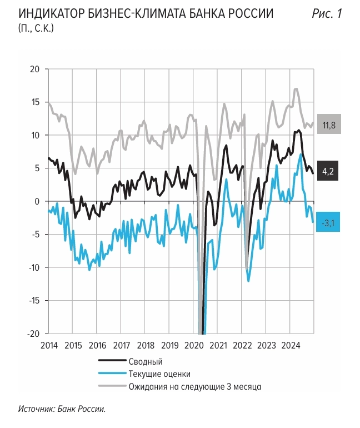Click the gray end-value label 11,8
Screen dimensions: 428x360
[x=329, y=125]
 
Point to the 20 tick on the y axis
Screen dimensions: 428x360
[x=36, y=69]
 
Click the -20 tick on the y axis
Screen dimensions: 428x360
[x=33, y=334]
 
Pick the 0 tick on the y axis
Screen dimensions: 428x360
[x=37, y=201]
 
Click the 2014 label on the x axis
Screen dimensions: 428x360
[x=49, y=345]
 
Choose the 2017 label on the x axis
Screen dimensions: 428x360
[x=121, y=345]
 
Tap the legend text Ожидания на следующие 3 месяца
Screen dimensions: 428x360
[x=194, y=386]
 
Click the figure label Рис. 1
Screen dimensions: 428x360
[x=327, y=14]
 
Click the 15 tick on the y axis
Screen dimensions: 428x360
[x=36, y=102]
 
